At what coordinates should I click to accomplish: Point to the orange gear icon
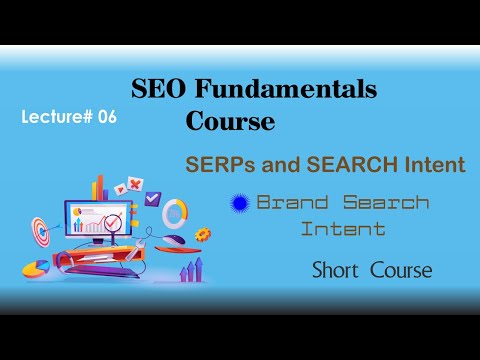pyautogui.click(x=203, y=233)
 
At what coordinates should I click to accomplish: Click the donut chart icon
pyautogui.click(x=175, y=211)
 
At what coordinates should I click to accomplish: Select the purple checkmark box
pyautogui.click(x=152, y=198)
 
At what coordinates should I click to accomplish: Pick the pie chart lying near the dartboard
pyautogui.click(x=37, y=269)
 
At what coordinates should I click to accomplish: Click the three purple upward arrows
pyautogui.click(x=192, y=268)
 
